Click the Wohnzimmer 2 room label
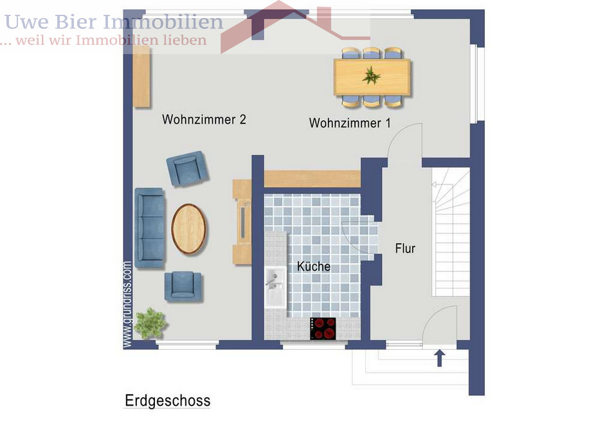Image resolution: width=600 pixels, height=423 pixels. click(x=204, y=120)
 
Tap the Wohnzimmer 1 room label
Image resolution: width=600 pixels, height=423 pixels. click(x=349, y=123)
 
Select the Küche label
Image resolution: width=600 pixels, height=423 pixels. click(x=313, y=266)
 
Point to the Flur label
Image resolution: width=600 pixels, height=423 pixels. click(x=405, y=248)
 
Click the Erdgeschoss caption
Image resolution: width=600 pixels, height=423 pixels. click(x=167, y=401)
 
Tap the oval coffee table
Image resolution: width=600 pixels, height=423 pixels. click(x=188, y=228)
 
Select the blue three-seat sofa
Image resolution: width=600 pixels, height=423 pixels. click(x=149, y=228)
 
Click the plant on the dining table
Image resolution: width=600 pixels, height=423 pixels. click(x=371, y=76)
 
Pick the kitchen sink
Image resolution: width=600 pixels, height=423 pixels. click(x=275, y=287)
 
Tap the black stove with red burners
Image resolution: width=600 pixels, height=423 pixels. click(x=323, y=328)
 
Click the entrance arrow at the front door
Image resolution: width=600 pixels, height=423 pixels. click(x=440, y=357)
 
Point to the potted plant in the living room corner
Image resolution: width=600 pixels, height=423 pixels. click(x=150, y=323)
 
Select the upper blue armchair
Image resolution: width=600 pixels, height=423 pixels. click(x=186, y=168)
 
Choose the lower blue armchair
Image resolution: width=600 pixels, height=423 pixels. click(x=183, y=286)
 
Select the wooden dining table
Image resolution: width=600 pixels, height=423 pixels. click(x=372, y=76)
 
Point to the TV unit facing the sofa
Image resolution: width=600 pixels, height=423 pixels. click(x=242, y=222)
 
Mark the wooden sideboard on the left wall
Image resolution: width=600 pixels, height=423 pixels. click(x=141, y=76)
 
